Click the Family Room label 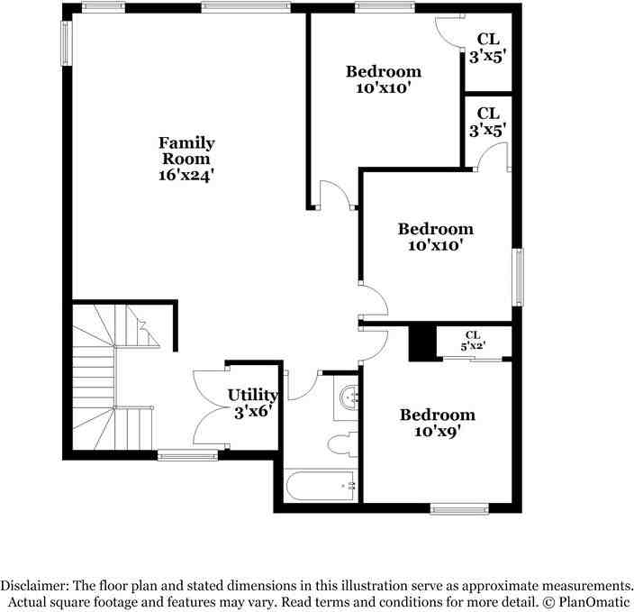click(186, 151)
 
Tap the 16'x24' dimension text click(186, 175)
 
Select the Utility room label click(252, 395)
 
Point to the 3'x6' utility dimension click(253, 413)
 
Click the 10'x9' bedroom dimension click(438, 432)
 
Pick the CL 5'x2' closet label click(473, 341)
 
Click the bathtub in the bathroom click(321, 485)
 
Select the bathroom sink click(347, 397)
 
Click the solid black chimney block click(422, 343)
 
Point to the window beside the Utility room click(187, 456)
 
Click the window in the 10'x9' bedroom click(459, 508)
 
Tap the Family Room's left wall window click(66, 43)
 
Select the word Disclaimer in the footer click(33, 586)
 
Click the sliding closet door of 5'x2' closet click(472, 359)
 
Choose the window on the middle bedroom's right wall click(517, 278)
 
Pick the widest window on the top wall click(246, 8)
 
